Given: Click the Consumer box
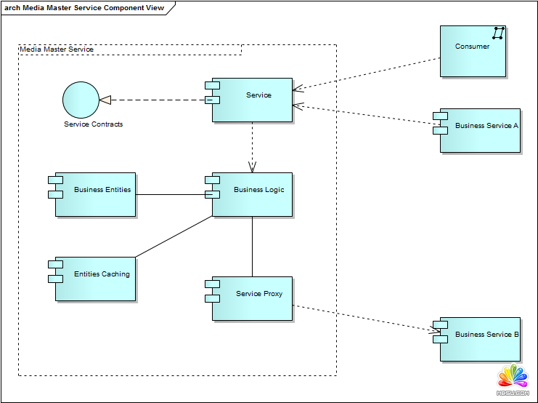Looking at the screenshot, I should [x=472, y=51].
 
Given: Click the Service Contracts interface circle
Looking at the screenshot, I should [x=80, y=100].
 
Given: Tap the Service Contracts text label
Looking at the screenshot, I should [x=94, y=124].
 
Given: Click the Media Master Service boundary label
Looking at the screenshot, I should [x=57, y=49].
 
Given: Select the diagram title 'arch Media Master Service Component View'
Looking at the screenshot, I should [x=84, y=8].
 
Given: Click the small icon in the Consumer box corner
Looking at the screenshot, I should [x=498, y=33].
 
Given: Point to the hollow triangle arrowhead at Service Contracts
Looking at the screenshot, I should [x=105, y=100].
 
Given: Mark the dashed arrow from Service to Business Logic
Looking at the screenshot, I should [x=252, y=145].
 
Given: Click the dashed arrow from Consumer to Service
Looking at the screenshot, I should [x=367, y=73].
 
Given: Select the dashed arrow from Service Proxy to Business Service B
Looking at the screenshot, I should [x=363, y=319].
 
